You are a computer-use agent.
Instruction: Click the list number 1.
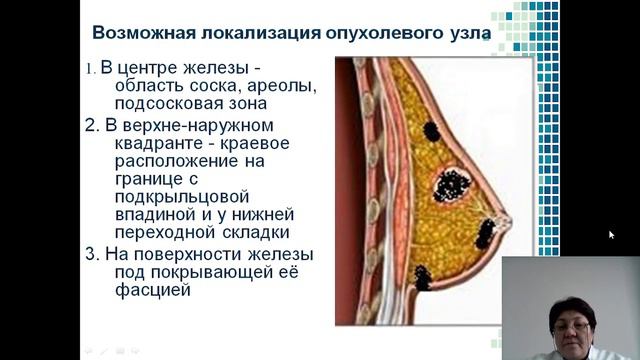coord(89,69)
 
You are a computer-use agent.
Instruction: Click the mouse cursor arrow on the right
coord(611,235)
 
